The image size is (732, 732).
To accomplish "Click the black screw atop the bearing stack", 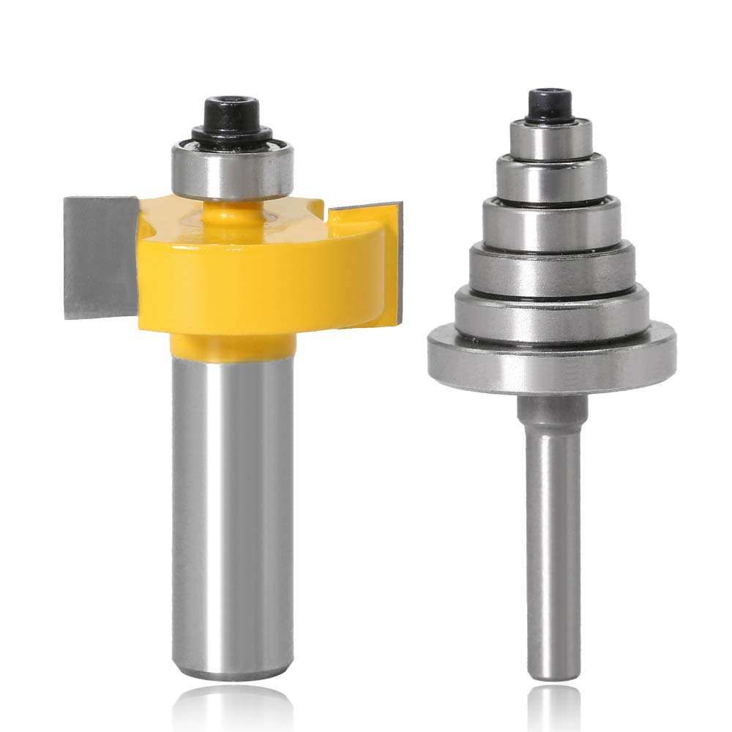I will (x=549, y=102).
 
